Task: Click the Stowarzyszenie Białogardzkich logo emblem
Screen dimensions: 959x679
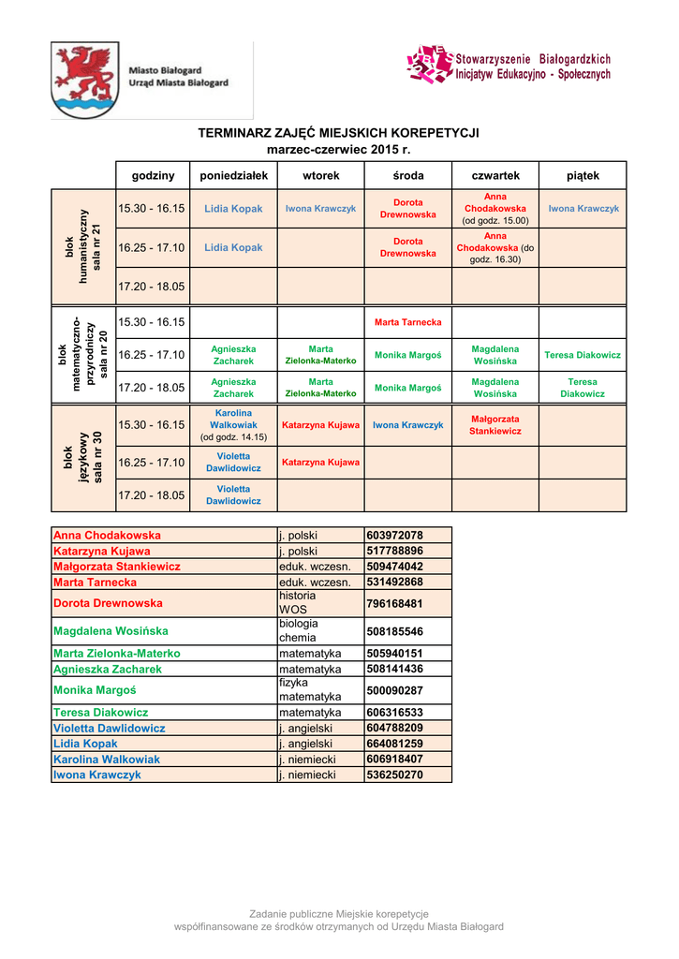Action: coord(430,64)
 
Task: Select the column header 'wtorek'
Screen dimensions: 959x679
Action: coord(321,175)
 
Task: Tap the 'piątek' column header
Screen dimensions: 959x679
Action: coord(583,175)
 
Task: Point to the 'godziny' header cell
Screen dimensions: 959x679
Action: coord(153,175)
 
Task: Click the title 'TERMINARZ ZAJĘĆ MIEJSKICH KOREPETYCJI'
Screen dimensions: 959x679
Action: coord(338,133)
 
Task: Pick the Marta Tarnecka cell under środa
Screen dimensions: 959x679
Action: coord(407,322)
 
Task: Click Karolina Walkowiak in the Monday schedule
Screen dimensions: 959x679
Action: coord(233,425)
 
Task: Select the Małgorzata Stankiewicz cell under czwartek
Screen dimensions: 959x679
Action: coord(495,425)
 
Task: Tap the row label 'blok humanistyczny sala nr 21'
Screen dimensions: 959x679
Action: coord(82,247)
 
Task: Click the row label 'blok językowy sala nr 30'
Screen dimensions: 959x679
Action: coord(82,458)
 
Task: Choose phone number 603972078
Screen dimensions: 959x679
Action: coord(395,535)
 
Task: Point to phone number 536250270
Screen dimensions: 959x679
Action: coord(395,775)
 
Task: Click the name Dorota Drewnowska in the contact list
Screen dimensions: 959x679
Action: coord(108,603)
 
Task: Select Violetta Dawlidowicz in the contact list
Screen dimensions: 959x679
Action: coord(110,728)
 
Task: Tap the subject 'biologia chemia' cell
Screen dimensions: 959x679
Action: coord(299,630)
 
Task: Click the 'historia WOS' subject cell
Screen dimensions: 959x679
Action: coord(298,602)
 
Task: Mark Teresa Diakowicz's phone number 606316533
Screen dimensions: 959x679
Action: coord(395,713)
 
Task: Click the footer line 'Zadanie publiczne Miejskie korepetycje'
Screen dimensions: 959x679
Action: coord(338,913)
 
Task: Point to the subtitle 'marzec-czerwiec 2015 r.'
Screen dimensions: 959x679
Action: coord(338,149)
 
